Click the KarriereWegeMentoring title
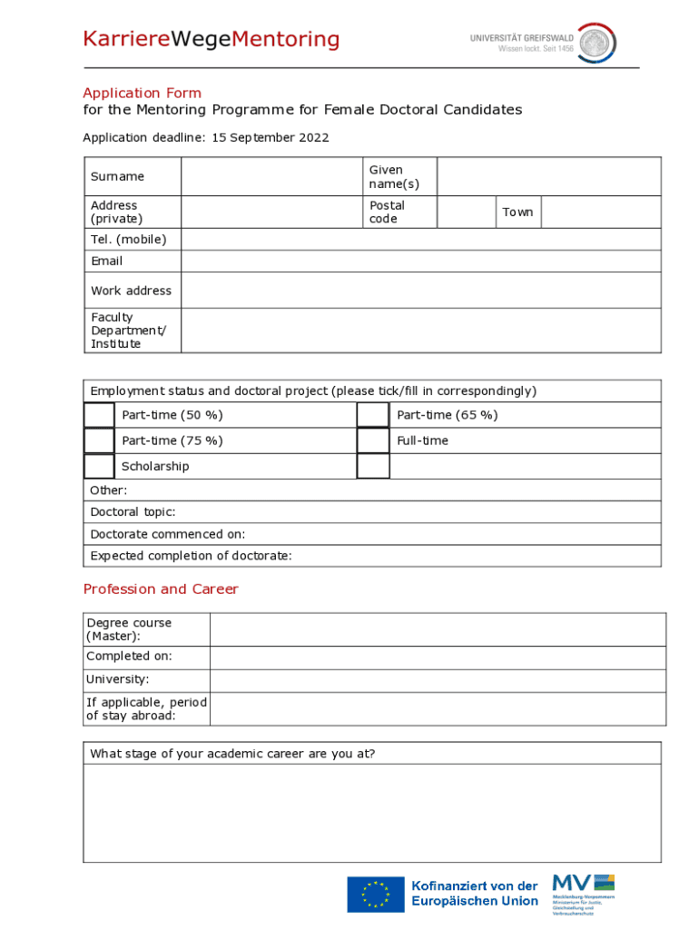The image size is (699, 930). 211,40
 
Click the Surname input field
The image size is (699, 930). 271,176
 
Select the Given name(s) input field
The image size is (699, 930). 548,176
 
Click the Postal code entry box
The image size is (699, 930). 466,212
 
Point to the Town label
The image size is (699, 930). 517,212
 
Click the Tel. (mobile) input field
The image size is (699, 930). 420,240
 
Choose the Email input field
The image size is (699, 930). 420,262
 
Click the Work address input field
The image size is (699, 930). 420,291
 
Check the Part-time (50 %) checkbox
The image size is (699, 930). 99,415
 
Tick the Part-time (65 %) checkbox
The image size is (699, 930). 372,415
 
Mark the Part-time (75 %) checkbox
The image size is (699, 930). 99,440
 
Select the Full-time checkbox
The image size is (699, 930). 372,440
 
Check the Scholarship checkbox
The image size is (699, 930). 99,466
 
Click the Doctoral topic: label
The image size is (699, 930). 133,512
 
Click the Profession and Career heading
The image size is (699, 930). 161,589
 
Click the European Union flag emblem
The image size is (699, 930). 375,894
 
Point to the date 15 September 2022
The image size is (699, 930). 271,138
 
